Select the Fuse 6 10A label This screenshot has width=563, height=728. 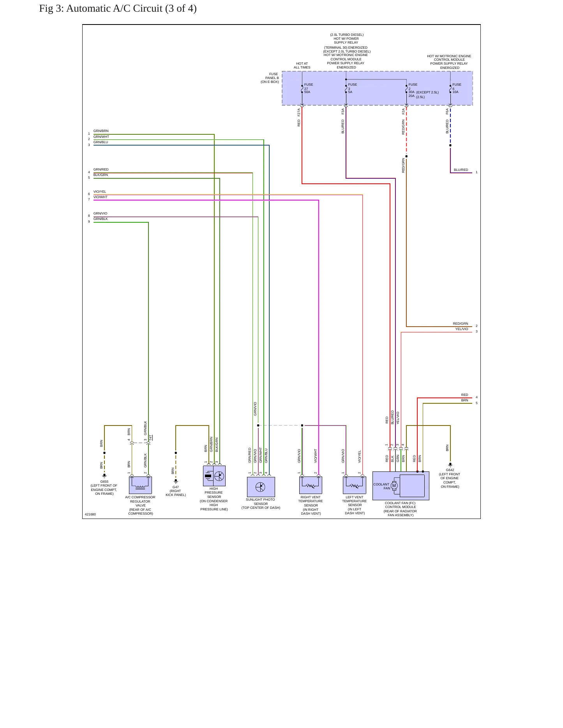(457, 88)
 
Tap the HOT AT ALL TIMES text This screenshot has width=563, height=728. (302, 65)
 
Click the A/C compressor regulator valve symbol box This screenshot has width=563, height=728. (140, 485)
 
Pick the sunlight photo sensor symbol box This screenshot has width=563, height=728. (261, 487)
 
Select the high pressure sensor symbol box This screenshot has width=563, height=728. (214, 476)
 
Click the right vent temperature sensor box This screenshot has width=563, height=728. (311, 485)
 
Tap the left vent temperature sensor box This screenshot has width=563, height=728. (355, 485)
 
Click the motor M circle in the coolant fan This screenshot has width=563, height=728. (394, 485)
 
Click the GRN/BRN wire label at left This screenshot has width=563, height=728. (101, 131)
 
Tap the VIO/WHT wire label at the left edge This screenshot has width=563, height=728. (101, 197)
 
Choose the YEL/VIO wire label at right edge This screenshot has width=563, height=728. (462, 329)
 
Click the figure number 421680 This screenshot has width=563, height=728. (90, 514)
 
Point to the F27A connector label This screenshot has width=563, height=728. (299, 112)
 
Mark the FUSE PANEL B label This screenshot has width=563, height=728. (270, 78)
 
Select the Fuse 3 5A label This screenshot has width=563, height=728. (352, 88)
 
